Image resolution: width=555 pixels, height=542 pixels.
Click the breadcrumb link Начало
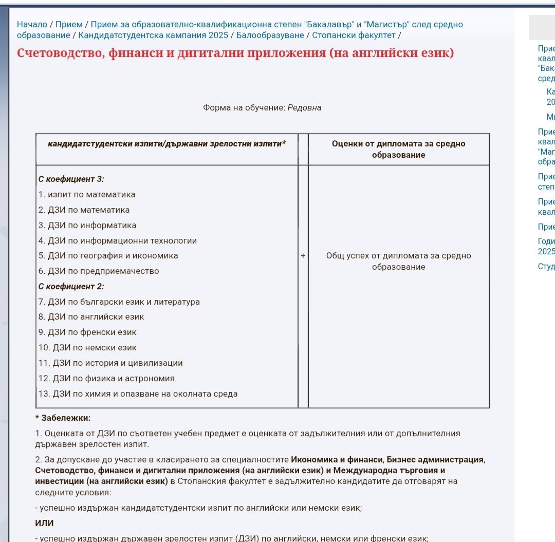click(x=32, y=24)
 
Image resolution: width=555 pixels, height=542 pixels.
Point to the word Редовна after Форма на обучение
click(x=304, y=108)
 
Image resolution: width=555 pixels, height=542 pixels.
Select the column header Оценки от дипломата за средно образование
click(x=398, y=149)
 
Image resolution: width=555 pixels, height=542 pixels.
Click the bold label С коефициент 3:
click(x=71, y=179)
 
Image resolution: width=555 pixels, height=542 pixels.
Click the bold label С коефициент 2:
click(x=71, y=286)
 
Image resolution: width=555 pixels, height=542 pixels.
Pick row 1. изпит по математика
click(x=87, y=195)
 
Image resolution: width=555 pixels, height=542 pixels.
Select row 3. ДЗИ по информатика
click(x=87, y=225)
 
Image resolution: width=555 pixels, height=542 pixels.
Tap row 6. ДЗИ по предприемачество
click(x=99, y=271)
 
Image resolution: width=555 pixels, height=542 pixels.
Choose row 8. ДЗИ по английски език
click(x=91, y=317)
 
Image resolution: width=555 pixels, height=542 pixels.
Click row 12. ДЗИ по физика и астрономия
click(x=106, y=379)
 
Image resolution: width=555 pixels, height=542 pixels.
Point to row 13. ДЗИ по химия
click(x=138, y=394)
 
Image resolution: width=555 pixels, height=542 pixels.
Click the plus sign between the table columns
click(x=303, y=256)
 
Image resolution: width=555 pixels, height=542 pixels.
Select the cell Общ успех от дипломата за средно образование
click(x=398, y=261)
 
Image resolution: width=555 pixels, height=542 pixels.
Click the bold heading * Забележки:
click(x=63, y=418)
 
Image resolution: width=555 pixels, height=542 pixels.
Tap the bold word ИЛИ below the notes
click(x=44, y=523)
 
